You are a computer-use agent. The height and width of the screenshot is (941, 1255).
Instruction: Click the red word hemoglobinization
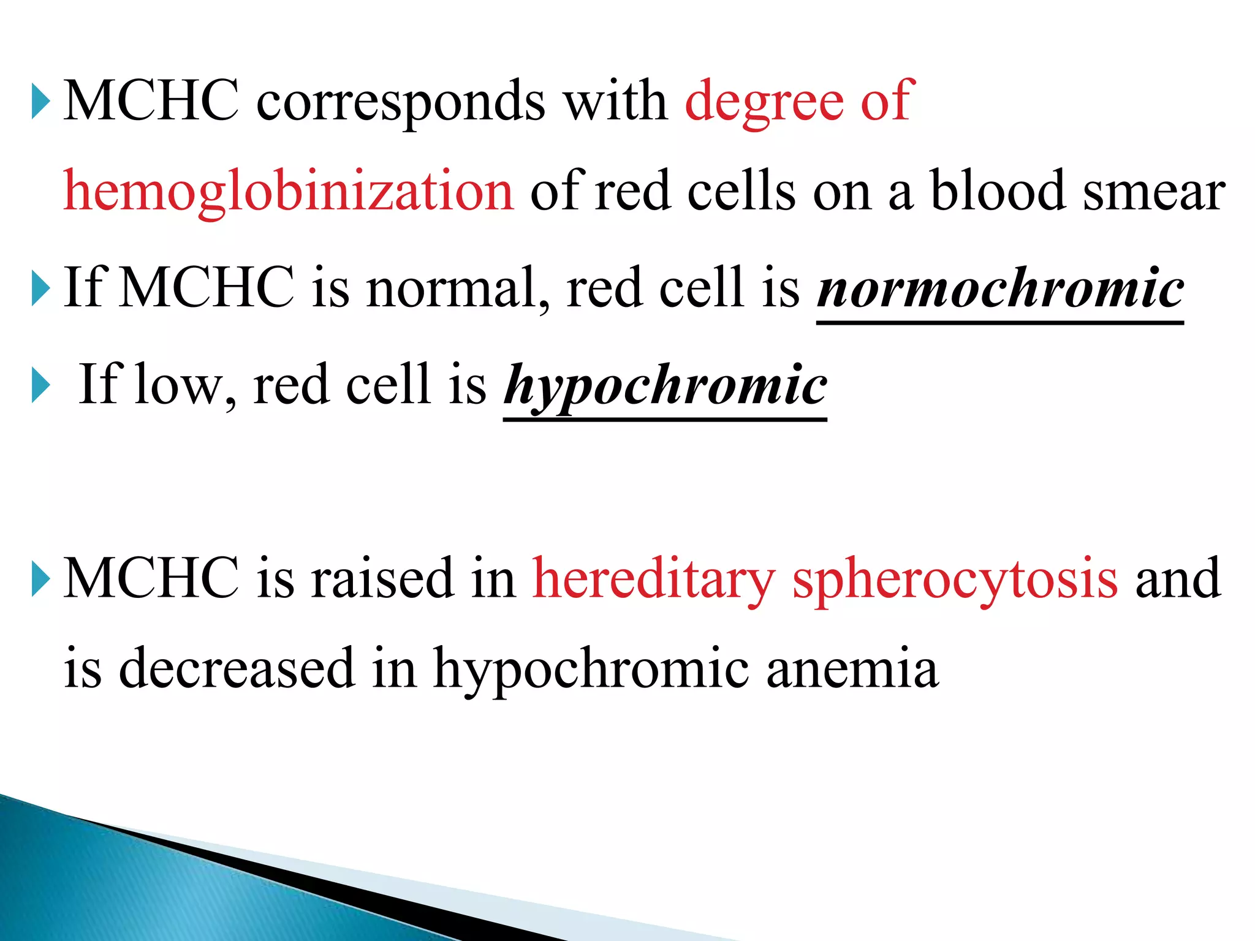click(288, 191)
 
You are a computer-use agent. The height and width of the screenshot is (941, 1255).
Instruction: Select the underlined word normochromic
click(1000, 288)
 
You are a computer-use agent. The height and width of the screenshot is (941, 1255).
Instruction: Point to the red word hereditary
click(654, 579)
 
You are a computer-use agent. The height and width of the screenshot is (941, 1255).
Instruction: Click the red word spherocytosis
click(955, 579)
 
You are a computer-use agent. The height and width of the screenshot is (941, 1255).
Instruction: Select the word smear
click(1154, 191)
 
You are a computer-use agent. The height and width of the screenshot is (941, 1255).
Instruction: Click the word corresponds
click(401, 102)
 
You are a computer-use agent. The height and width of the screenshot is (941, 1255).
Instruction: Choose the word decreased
click(237, 668)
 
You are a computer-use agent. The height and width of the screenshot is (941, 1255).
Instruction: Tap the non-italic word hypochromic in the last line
click(591, 668)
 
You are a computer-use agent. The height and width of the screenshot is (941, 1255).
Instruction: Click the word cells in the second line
click(741, 191)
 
